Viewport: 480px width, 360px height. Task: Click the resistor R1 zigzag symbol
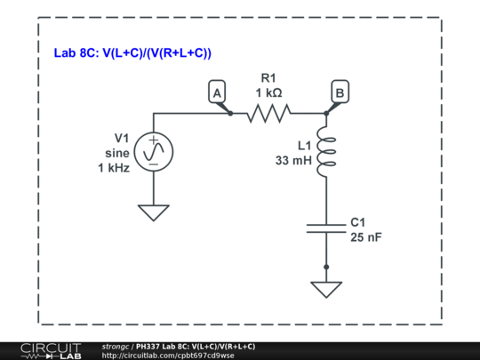click(x=268, y=113)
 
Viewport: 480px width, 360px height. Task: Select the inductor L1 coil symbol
click(x=326, y=152)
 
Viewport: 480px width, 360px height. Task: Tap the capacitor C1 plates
click(x=326, y=227)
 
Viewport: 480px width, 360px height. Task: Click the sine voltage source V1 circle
click(x=154, y=151)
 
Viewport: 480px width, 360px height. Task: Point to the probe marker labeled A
click(x=216, y=92)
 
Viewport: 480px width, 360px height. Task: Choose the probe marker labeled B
click(x=340, y=92)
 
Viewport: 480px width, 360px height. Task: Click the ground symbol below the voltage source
click(x=154, y=212)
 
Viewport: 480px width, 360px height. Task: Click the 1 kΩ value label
click(x=268, y=92)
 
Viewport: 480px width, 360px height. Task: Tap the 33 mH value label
click(x=293, y=161)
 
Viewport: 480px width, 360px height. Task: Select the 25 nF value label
click(x=367, y=237)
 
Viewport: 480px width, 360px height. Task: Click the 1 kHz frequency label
click(x=114, y=167)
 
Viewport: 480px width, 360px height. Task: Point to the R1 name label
click(x=268, y=77)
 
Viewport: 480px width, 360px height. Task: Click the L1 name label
click(x=302, y=146)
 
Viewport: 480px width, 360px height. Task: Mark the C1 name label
click(x=359, y=222)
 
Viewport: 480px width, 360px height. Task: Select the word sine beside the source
click(x=116, y=152)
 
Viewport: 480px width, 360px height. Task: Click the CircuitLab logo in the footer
click(x=50, y=350)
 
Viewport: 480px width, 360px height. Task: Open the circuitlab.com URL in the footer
click(x=168, y=356)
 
